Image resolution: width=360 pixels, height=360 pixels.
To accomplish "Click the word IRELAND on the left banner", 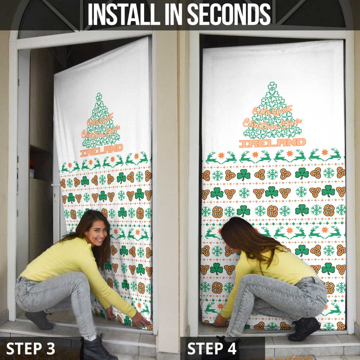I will click(x=102, y=149).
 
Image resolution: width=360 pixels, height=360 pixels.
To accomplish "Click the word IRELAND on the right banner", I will click(x=272, y=142).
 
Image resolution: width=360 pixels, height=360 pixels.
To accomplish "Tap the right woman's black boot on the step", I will click(x=304, y=329).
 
